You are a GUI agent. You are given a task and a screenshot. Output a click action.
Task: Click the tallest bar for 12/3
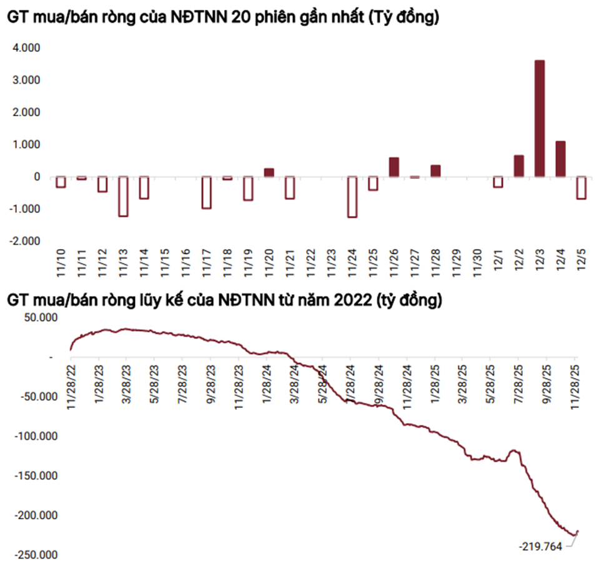pyautogui.click(x=540, y=119)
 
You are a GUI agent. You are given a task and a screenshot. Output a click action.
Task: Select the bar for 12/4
pyautogui.click(x=560, y=159)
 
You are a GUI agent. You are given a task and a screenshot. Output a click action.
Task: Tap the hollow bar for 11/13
pyautogui.click(x=123, y=196)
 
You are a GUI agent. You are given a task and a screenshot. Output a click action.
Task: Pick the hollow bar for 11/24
pyautogui.click(x=352, y=197)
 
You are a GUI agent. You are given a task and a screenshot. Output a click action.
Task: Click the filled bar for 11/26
pyautogui.click(x=394, y=167)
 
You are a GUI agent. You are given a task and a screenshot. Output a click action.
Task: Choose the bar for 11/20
pyautogui.click(x=269, y=172)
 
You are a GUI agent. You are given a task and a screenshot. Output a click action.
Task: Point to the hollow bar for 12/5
pyautogui.click(x=582, y=187)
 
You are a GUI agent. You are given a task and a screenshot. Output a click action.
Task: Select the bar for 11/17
pyautogui.click(x=206, y=192)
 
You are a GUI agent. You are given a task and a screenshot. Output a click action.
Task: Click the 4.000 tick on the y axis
pyautogui.click(x=27, y=48)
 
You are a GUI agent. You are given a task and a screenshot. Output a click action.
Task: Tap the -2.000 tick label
pyautogui.click(x=25, y=241)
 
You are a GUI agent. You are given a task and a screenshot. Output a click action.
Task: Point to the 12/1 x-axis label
pyautogui.click(x=498, y=262)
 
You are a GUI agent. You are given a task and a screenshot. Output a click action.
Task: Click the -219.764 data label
pyautogui.click(x=541, y=547)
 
